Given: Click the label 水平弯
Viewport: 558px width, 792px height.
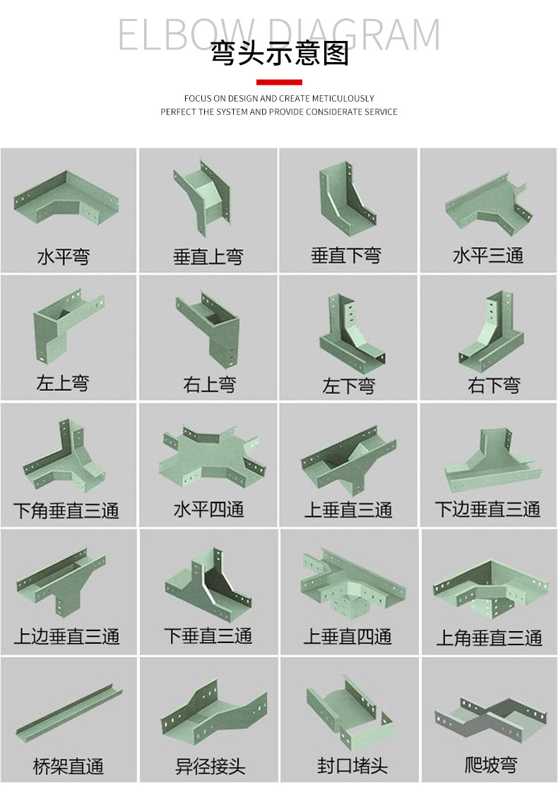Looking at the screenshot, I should pyautogui.click(x=64, y=256).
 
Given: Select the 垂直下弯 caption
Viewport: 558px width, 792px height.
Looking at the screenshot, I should pyautogui.click(x=346, y=256).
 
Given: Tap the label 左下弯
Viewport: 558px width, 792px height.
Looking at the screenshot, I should pyautogui.click(x=348, y=386).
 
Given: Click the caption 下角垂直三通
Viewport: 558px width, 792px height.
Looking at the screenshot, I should pyautogui.click(x=66, y=510).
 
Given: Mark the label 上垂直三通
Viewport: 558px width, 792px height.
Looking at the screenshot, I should pyautogui.click(x=348, y=510).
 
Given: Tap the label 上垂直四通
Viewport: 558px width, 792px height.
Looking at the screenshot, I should pyautogui.click(x=348, y=636).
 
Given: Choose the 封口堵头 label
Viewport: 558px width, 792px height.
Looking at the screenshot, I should pyautogui.click(x=352, y=766).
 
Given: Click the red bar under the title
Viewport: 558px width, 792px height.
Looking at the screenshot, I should pyautogui.click(x=278, y=83).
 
